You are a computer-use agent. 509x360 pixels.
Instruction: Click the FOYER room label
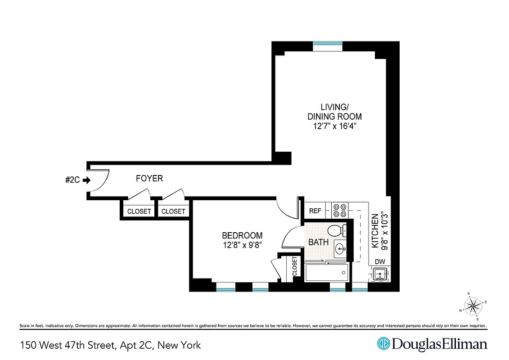tap(149, 179)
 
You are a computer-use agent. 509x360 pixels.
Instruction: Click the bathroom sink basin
tap(341, 247)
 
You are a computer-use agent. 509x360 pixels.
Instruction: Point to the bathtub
tap(327, 272)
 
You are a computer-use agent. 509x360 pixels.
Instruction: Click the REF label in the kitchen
tap(315, 211)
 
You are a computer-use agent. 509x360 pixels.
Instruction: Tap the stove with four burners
tap(339, 210)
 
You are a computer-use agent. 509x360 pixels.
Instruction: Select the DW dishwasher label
tap(379, 262)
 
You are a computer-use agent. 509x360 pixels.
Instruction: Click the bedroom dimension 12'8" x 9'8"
tap(242, 245)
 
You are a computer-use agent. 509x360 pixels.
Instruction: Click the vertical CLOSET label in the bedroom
tap(295, 266)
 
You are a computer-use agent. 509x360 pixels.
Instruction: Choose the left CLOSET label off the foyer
tap(139, 211)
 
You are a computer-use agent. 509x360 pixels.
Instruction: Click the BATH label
tap(318, 242)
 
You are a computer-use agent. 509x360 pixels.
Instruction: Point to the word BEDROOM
tap(242, 235)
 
